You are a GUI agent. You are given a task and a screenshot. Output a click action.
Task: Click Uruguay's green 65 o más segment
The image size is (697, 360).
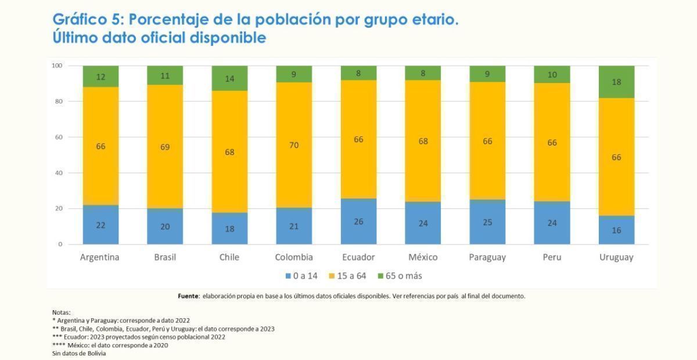click(616, 82)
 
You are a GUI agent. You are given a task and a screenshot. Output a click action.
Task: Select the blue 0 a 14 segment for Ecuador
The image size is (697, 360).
click(358, 222)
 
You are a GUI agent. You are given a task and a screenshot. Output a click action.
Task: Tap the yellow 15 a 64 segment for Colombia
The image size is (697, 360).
click(294, 145)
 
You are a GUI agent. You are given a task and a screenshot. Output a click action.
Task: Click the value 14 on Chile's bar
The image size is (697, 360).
click(229, 79)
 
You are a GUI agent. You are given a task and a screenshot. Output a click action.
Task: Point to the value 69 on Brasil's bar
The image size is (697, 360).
click(165, 147)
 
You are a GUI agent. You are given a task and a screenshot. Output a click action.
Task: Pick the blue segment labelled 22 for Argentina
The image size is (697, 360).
click(100, 225)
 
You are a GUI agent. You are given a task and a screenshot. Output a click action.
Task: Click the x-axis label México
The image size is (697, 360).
click(423, 257)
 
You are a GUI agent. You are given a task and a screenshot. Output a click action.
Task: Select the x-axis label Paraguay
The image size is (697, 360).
click(487, 257)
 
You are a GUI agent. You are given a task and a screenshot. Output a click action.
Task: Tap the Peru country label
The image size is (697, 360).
click(552, 257)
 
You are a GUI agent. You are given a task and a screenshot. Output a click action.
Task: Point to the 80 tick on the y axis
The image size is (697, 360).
click(58, 102)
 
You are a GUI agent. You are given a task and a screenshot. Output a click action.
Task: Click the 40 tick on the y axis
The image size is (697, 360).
click(58, 173)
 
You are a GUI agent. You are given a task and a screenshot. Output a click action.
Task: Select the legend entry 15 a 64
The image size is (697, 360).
click(348, 276)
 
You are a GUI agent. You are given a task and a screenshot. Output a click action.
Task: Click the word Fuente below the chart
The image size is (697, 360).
click(188, 296)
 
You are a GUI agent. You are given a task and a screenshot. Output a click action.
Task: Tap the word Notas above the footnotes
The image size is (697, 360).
click(61, 312)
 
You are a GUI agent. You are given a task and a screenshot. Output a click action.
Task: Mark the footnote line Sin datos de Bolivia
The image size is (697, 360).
click(79, 353)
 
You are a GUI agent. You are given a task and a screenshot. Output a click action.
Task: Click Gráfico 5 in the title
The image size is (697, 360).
click(87, 20)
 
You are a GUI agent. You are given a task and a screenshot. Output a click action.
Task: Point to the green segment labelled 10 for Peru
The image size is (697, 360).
click(552, 75)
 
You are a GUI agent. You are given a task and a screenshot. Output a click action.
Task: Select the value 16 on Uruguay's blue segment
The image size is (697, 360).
click(616, 231)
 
